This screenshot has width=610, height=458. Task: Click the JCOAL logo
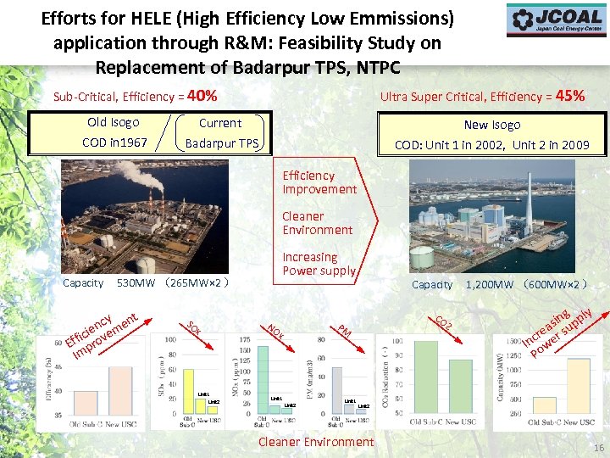pos(557,20)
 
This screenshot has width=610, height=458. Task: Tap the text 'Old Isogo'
pos(113,122)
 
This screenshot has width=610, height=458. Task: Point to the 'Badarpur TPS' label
pos(221,143)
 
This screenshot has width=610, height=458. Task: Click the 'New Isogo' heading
pos(492,125)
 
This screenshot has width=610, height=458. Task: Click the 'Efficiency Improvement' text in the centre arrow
pos(319,182)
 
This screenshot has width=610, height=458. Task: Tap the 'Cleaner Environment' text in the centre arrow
pos(318,223)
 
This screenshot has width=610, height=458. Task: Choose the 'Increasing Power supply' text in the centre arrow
pos(319,264)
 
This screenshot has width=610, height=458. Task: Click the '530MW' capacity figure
pos(134,283)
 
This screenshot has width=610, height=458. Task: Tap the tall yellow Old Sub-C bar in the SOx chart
pos(189,391)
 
